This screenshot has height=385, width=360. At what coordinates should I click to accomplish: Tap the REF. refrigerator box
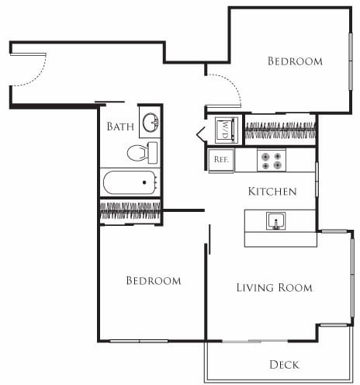click(x=220, y=160)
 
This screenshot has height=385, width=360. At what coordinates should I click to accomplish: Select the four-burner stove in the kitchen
click(x=272, y=160)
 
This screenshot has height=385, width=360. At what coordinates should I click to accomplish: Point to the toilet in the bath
click(x=140, y=151)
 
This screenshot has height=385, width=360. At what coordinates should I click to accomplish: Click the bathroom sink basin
click(x=149, y=123)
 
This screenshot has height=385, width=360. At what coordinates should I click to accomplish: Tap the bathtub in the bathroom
click(x=130, y=184)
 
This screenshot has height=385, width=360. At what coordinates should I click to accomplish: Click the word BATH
click(x=120, y=127)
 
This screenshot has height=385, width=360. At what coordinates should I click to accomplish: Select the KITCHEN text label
click(x=271, y=191)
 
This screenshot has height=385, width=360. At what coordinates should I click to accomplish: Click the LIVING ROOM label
click(x=274, y=288)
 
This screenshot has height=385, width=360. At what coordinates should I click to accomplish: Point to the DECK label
click(x=284, y=364)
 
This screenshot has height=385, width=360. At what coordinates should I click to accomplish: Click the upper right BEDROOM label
click(x=295, y=61)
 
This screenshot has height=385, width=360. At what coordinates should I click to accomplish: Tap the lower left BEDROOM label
click(x=154, y=280)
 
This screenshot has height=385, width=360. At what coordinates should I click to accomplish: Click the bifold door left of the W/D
click(x=201, y=132)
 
